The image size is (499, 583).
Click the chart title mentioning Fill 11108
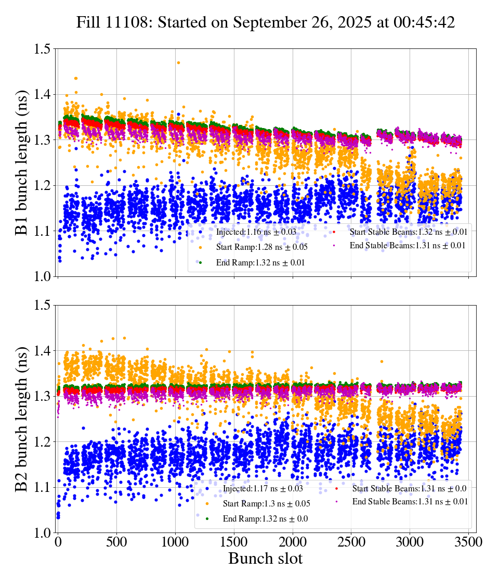pyautogui.click(x=265, y=22)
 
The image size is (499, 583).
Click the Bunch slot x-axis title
pyautogui.click(x=265, y=559)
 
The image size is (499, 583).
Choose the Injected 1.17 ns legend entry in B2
pyautogui.click(x=262, y=489)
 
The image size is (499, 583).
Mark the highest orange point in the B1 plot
pyautogui.click(x=178, y=62)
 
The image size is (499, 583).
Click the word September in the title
pyautogui.click(x=268, y=22)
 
